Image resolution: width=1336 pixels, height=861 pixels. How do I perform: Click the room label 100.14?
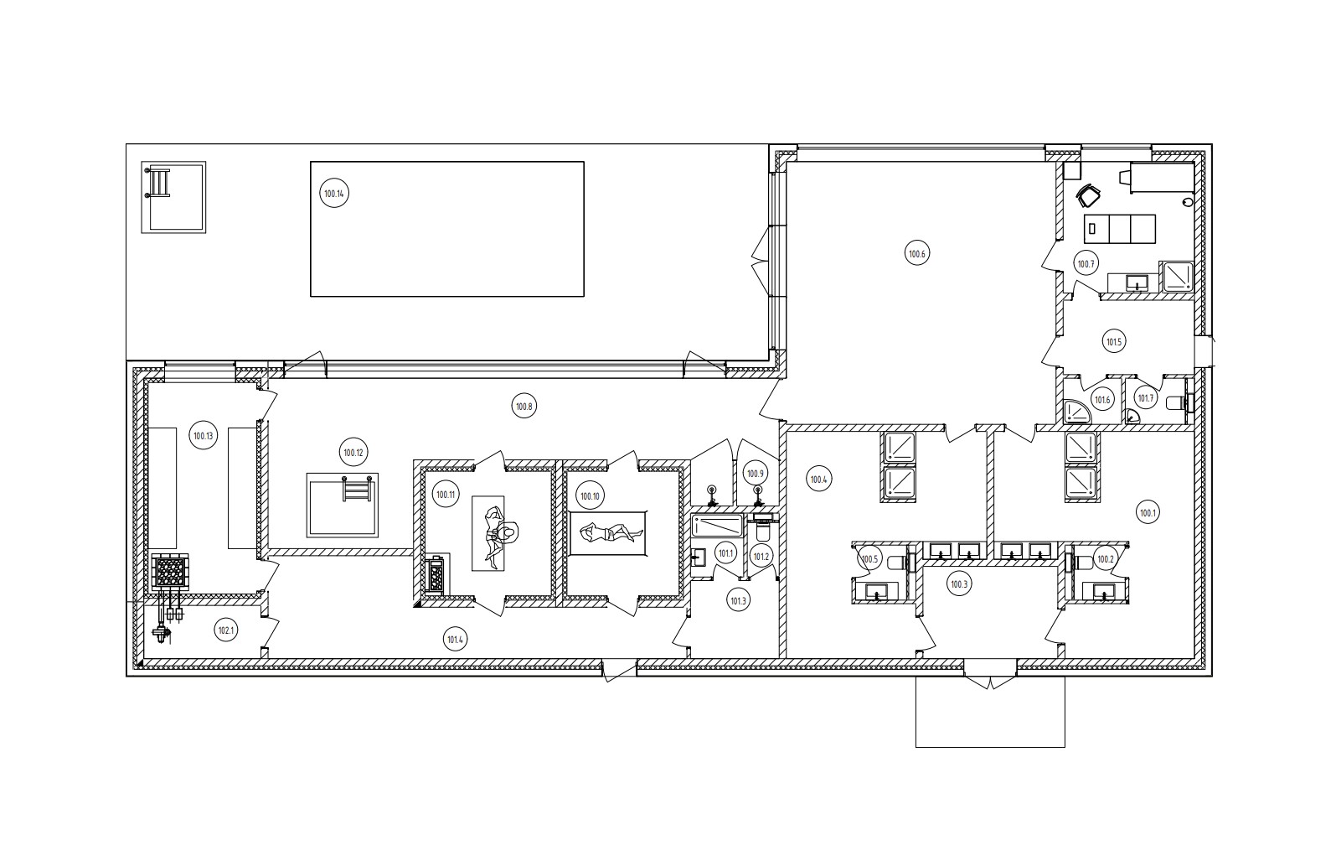[334, 194]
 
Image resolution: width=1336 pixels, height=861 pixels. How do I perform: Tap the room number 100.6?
[916, 254]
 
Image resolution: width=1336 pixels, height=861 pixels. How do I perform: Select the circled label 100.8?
[524, 407]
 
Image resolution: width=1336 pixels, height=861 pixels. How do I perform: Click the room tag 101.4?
[455, 640]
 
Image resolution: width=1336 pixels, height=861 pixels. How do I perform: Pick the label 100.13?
[203, 436]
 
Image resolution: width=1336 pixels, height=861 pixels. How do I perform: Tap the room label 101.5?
[1113, 342]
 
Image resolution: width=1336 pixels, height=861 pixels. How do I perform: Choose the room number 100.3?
[959, 584]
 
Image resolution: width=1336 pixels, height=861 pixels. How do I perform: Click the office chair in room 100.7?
[1088, 195]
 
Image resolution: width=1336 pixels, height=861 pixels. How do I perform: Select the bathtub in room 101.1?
[717, 526]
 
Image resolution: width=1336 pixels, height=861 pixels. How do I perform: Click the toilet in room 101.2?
[763, 526]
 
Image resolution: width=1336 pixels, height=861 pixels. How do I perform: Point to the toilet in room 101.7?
[1178, 402]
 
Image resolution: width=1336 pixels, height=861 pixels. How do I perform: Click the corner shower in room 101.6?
[1076, 411]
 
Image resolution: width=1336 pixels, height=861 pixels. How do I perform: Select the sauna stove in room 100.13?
[170, 572]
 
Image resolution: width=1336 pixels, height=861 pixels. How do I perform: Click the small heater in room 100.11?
[437, 576]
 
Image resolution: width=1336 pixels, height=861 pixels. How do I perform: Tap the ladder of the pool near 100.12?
[358, 487]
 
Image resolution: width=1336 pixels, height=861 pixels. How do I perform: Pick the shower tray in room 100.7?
[1176, 277]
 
